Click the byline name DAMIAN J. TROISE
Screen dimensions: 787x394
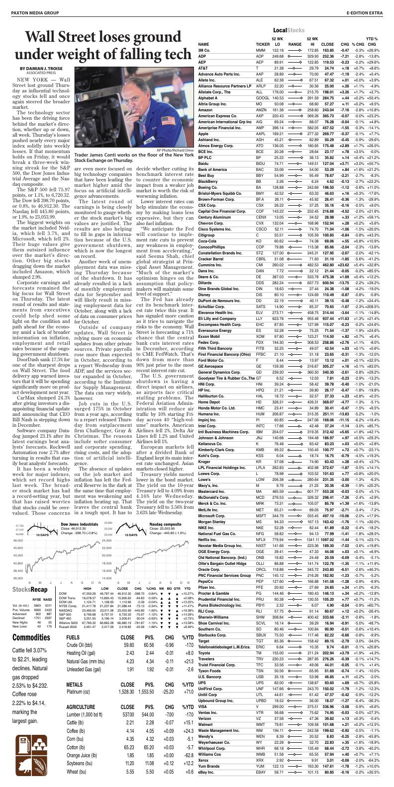[41, 68]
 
